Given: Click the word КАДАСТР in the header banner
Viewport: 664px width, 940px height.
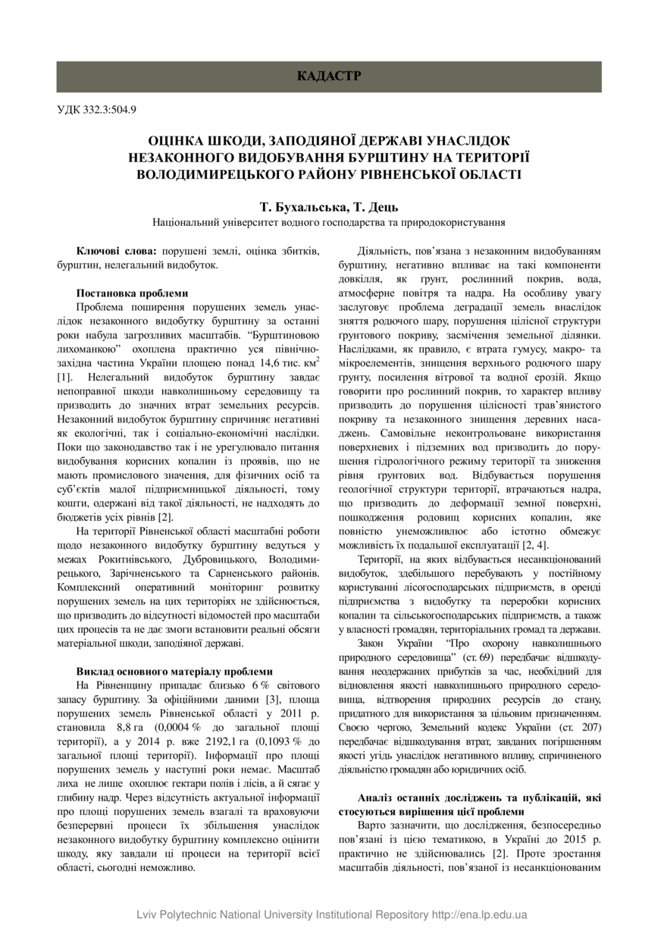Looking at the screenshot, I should click(x=329, y=77).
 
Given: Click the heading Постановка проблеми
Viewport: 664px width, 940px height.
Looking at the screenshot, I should click(x=132, y=293).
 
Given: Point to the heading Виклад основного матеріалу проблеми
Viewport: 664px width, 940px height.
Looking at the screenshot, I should click(x=174, y=671).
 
